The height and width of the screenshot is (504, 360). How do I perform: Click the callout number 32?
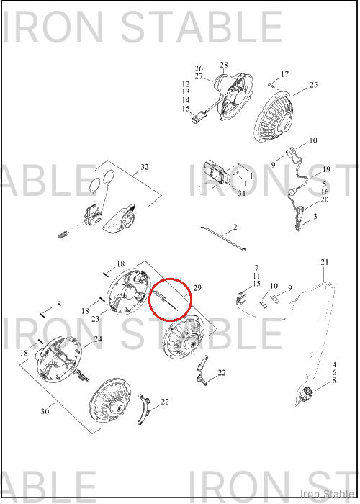click(x=145, y=167)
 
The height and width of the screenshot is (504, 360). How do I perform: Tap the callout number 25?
click(x=314, y=85)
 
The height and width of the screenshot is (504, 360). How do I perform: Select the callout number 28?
click(x=224, y=65)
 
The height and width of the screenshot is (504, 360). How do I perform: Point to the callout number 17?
click(x=285, y=74)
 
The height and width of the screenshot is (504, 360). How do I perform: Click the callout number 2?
click(x=235, y=228)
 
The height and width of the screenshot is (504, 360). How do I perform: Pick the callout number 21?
click(x=325, y=262)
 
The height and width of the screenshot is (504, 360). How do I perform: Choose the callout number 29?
click(x=197, y=288)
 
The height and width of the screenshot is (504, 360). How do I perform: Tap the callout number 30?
click(x=45, y=411)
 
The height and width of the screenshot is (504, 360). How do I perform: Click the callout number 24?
click(x=98, y=339)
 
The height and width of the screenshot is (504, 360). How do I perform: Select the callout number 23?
click(x=96, y=319)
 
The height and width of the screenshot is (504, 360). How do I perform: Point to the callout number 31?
click(x=242, y=193)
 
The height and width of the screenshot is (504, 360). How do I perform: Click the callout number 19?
click(x=326, y=169)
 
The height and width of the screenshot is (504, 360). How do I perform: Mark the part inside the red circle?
click(x=166, y=301)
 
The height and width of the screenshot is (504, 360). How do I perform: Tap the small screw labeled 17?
click(x=270, y=85)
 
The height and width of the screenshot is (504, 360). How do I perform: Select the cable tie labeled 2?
click(x=223, y=238)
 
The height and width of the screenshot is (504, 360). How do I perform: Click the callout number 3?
click(x=315, y=216)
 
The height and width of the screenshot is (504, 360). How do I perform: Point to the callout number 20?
click(x=325, y=199)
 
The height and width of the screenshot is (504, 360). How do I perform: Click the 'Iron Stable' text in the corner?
click(x=327, y=494)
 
